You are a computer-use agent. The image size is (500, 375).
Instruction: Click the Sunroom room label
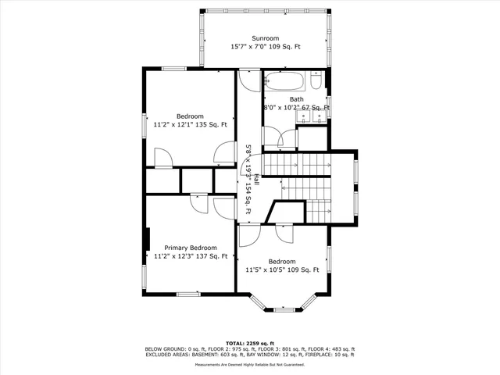(265, 38)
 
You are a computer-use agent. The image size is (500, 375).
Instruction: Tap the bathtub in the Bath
(285, 81)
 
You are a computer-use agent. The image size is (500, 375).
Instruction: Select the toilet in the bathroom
(316, 81)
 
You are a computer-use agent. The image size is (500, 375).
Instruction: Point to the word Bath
(297, 99)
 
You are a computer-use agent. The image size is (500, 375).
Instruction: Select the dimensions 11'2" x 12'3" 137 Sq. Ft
(190, 255)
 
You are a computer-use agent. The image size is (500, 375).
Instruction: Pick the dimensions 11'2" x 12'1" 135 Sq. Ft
(190, 124)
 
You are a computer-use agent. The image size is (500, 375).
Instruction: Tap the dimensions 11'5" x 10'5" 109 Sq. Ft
(282, 270)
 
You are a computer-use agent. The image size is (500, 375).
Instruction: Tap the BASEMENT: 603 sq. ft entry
(232, 354)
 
